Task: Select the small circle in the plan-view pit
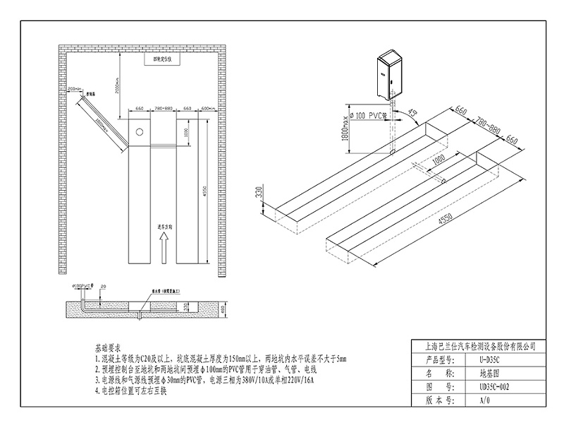click(x=140, y=132)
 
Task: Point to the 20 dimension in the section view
click(x=104, y=286)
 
